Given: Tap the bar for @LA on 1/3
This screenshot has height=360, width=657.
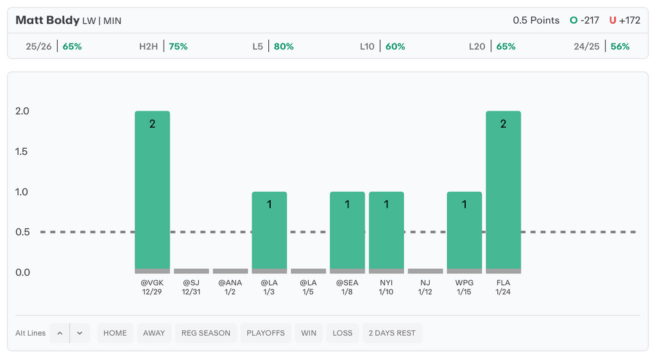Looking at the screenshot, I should click(269, 231).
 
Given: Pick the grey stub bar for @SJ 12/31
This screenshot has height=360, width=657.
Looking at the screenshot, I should click(191, 271).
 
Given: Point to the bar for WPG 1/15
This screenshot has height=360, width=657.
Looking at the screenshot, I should click(464, 231).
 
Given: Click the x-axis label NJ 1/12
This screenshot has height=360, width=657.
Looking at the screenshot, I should click(425, 287).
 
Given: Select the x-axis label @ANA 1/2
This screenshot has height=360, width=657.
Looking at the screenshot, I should click(230, 287).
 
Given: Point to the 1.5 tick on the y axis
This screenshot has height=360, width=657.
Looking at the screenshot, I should click(22, 151).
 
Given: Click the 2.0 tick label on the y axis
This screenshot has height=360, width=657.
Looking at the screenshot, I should click(22, 111).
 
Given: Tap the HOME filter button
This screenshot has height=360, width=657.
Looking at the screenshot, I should click(115, 333).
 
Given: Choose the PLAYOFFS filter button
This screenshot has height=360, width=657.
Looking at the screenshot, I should click(266, 333).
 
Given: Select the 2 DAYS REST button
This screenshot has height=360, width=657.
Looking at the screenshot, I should click(392, 333).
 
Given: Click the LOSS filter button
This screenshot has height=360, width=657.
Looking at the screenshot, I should click(343, 333).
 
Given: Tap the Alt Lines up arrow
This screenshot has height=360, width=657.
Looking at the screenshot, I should click(60, 333).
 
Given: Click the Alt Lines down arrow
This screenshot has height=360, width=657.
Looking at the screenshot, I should click(80, 333).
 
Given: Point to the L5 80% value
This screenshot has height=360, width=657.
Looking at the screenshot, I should click(284, 46).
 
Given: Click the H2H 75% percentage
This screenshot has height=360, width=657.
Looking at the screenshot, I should click(178, 46).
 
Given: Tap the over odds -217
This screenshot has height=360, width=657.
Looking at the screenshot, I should click(588, 20).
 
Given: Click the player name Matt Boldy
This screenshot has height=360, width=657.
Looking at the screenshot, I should click(47, 20).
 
